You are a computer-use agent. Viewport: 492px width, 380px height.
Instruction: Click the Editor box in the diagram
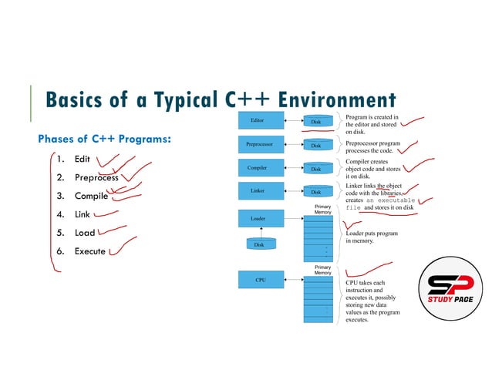pos(258,121)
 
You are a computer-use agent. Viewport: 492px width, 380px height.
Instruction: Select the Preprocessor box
pos(258,144)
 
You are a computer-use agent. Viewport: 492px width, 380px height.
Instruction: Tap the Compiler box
pos(258,167)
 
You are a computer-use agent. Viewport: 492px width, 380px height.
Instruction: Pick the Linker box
pos(258,190)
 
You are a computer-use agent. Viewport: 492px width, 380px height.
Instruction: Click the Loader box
pos(258,219)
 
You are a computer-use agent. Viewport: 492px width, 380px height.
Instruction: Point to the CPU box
pos(260,280)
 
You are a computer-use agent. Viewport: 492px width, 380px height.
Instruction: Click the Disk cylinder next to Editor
pos(316,121)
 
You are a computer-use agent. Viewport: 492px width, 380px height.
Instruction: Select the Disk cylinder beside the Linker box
pos(316,191)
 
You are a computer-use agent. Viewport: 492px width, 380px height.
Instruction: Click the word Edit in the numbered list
pos(83,160)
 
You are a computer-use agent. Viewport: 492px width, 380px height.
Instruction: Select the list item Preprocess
pos(96,177)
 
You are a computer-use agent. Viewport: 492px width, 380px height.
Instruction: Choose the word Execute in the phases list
pos(89,251)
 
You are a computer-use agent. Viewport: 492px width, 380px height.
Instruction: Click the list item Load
pos(85,233)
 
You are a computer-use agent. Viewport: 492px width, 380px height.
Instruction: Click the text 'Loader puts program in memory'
pos(372,236)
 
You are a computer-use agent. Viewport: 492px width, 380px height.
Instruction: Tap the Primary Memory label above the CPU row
pos(322,269)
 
